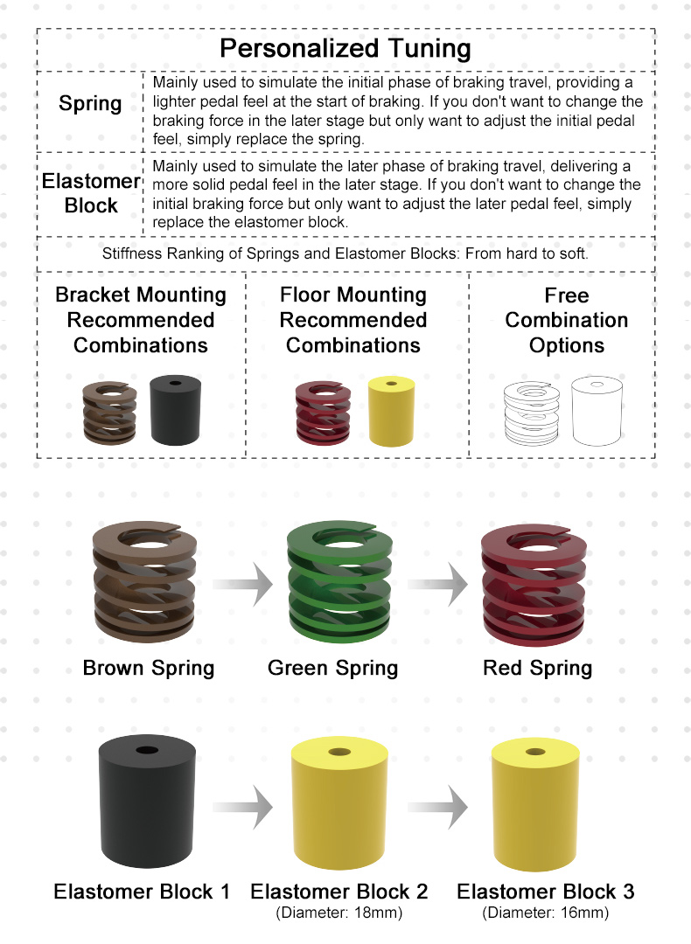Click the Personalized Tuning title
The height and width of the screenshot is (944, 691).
345,48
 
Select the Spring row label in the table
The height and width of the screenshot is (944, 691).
90,103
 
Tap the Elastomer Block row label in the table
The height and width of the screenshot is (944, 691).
91,193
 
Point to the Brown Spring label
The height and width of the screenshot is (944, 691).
149,669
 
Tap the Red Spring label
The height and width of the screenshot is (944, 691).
537,669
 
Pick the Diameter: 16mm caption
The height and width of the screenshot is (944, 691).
545,913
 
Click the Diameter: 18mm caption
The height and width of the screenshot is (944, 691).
339,913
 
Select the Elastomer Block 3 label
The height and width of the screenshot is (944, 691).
545,892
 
